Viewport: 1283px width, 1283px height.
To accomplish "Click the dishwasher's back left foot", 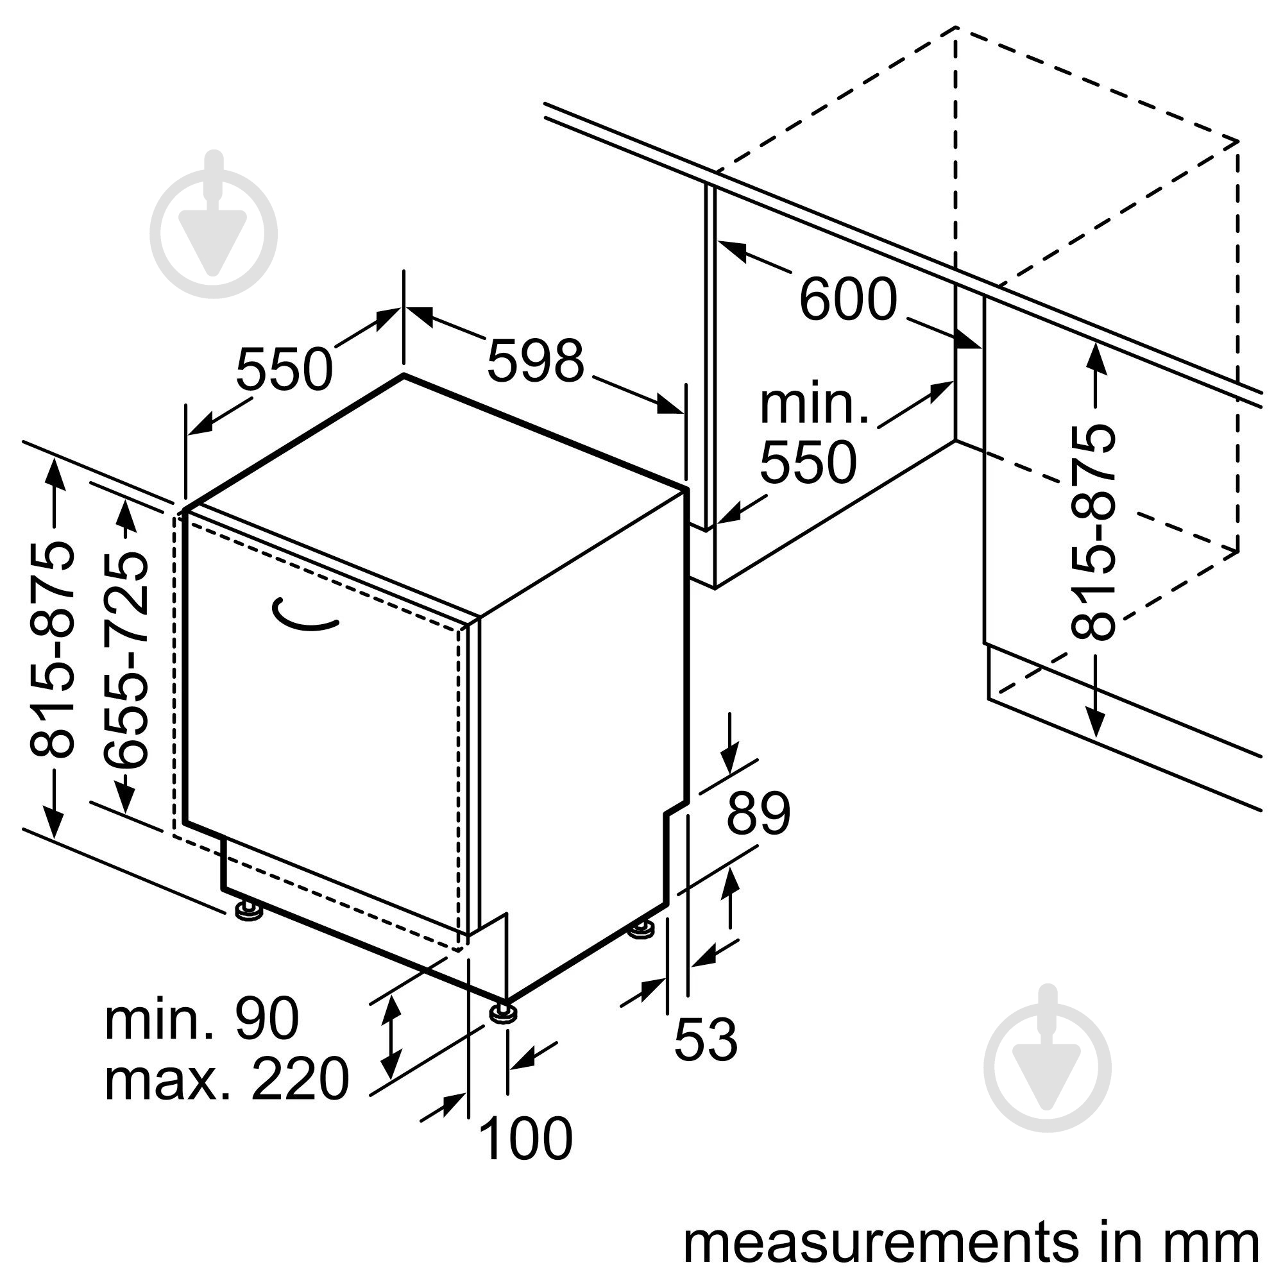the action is click(249, 910).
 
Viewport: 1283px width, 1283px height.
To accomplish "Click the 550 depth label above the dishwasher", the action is click(284, 370).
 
